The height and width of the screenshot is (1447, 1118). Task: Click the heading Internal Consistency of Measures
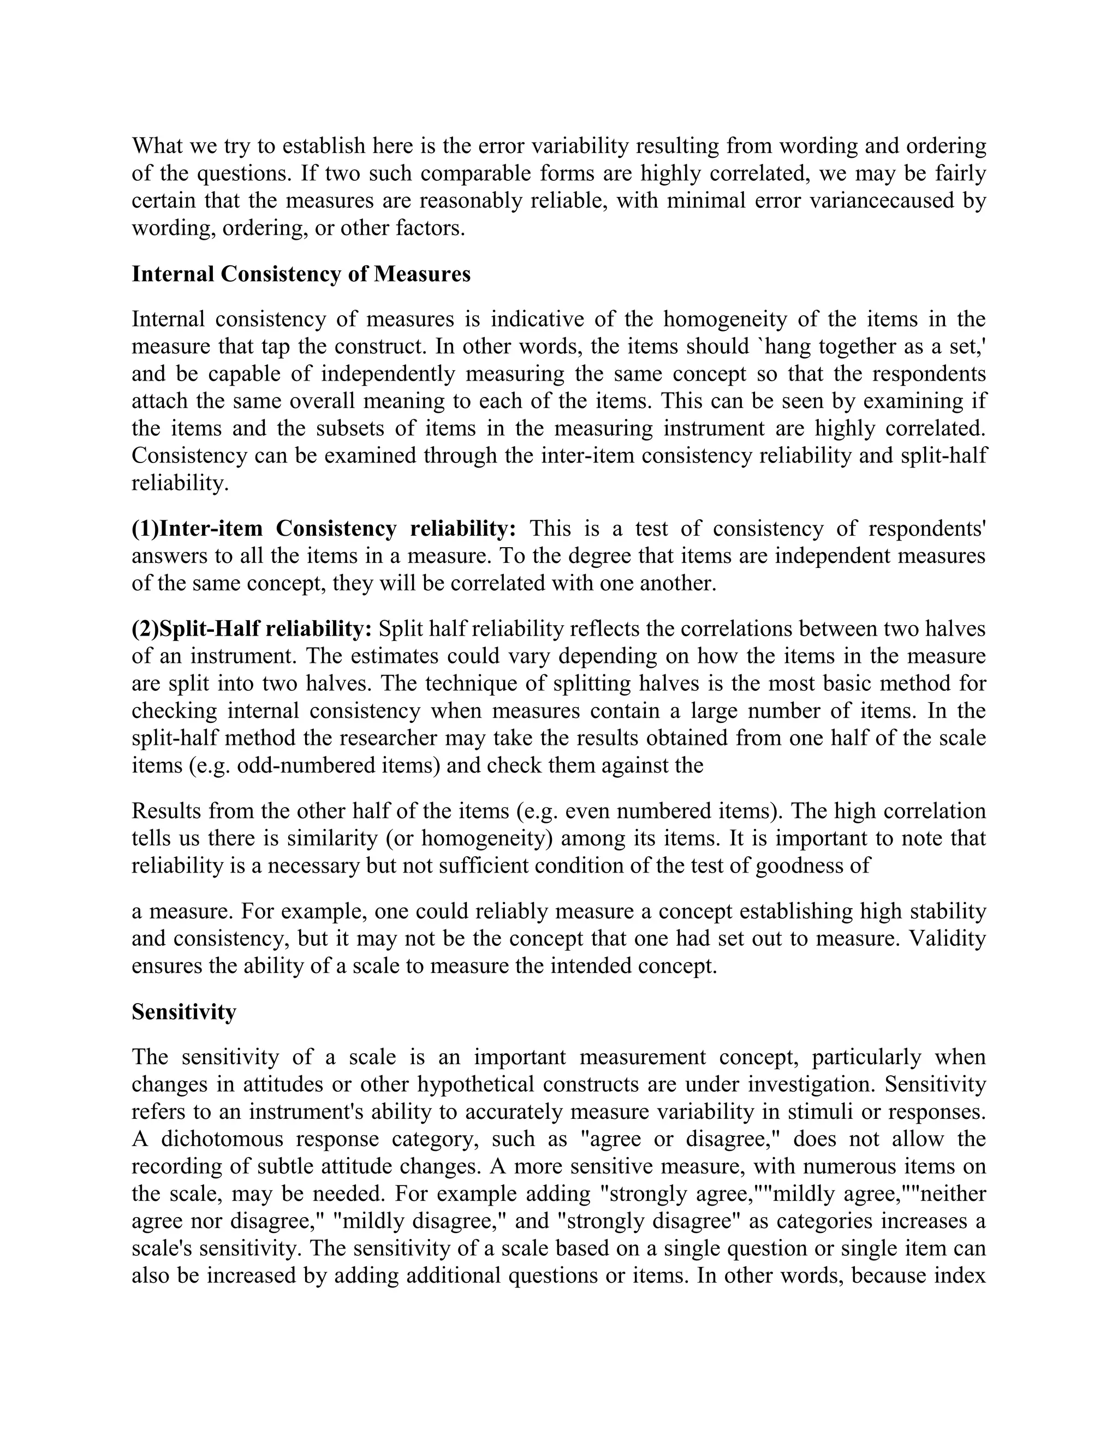(x=301, y=274)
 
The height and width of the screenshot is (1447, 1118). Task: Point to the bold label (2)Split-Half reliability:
(x=252, y=628)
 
